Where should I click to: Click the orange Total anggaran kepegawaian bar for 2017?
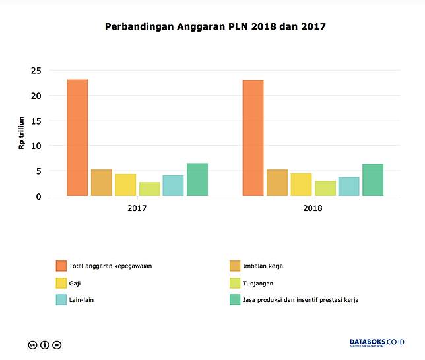point(77,138)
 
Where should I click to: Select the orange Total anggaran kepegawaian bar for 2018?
point(253,138)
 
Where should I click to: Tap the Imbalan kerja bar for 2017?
point(101,183)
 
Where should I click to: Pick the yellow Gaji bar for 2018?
point(301,185)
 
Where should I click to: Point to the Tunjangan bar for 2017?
point(149,189)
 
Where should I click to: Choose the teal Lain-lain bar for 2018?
point(348,187)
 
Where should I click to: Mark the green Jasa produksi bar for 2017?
point(197,179)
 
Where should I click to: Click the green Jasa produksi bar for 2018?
point(372,180)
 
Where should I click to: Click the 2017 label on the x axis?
point(137,208)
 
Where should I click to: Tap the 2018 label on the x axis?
point(313,208)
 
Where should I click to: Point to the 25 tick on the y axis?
point(36,71)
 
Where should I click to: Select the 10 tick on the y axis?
point(36,146)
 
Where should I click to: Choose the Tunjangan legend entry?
point(258,283)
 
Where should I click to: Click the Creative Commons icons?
point(45,344)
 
